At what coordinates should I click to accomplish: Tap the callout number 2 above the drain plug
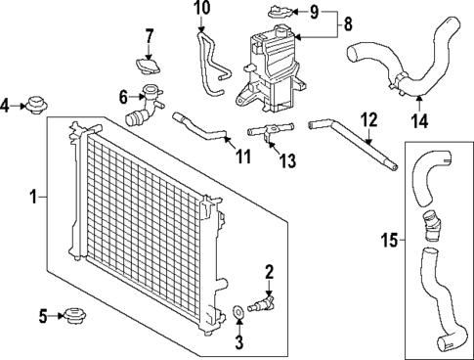point(269,271)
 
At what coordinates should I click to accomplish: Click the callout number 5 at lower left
point(43,316)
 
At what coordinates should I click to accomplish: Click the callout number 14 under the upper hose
point(421,121)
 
